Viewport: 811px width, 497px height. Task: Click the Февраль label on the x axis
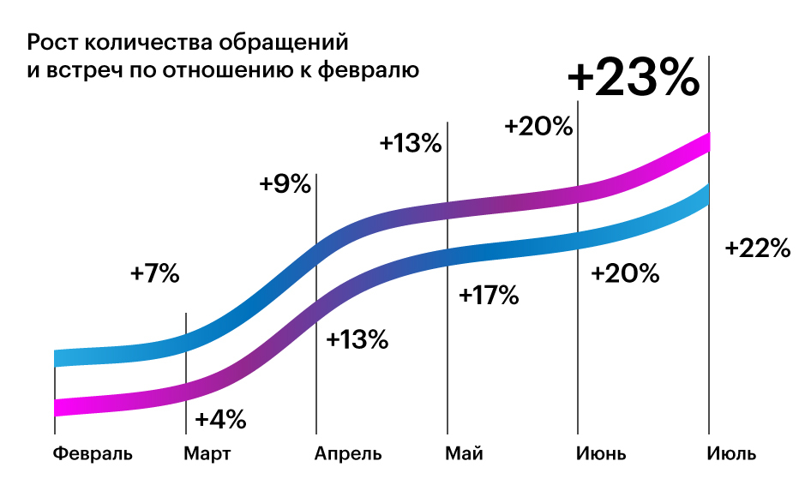[93, 453]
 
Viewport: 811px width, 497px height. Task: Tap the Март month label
[207, 453]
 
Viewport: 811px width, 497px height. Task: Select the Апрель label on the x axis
[347, 453]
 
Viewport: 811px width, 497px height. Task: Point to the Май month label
[464, 453]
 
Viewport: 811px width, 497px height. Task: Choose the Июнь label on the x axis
[601, 453]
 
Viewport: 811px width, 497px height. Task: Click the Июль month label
[732, 453]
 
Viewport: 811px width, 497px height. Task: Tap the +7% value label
[155, 273]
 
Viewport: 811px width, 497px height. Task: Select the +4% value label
[220, 420]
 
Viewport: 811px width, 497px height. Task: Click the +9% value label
[285, 183]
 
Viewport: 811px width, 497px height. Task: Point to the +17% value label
[489, 296]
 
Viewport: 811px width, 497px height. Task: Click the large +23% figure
[634, 80]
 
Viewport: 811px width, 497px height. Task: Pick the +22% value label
[757, 248]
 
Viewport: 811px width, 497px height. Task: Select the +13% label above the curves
[411, 143]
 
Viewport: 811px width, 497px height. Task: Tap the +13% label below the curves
[357, 339]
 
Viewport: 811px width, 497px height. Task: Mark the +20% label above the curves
[538, 126]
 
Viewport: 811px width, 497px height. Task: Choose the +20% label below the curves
[626, 273]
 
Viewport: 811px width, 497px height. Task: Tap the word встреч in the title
[75, 71]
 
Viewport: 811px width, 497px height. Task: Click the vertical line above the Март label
[186, 330]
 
